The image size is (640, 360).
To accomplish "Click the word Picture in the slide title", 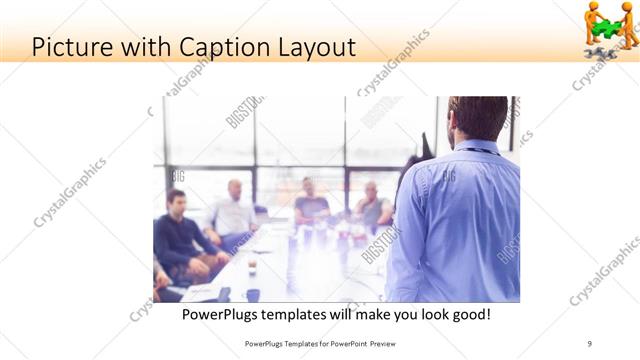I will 71,46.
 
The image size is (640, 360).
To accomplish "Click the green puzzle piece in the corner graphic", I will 608,27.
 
